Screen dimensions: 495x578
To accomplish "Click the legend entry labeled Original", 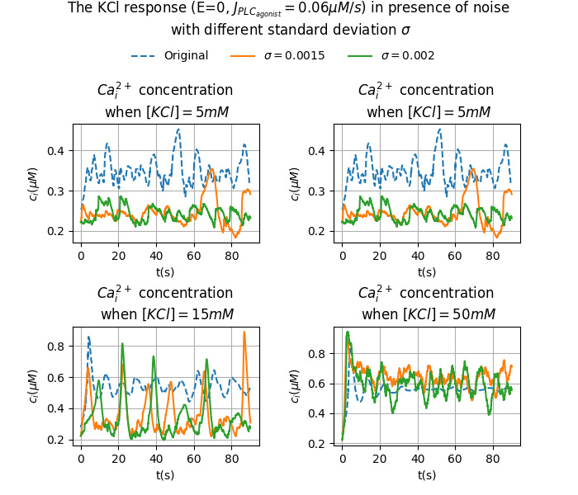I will [186, 56].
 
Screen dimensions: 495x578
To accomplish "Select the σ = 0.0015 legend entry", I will [294, 56].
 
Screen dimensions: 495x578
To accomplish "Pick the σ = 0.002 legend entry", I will [407, 56].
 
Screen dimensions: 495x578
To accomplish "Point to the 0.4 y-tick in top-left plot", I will [58, 150].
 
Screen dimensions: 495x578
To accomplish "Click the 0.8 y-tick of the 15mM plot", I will [58, 346].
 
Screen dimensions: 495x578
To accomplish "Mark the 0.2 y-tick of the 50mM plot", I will [320, 444].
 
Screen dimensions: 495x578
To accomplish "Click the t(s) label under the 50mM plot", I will [427, 475].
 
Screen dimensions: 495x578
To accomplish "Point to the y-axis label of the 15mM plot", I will [34, 386].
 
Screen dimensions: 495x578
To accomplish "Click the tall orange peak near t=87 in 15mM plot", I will [244, 332].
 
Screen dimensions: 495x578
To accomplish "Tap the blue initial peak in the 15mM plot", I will [88, 337].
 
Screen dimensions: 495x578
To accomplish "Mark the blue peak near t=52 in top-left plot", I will [178, 130].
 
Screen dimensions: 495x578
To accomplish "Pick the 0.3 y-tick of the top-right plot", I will [320, 191].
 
